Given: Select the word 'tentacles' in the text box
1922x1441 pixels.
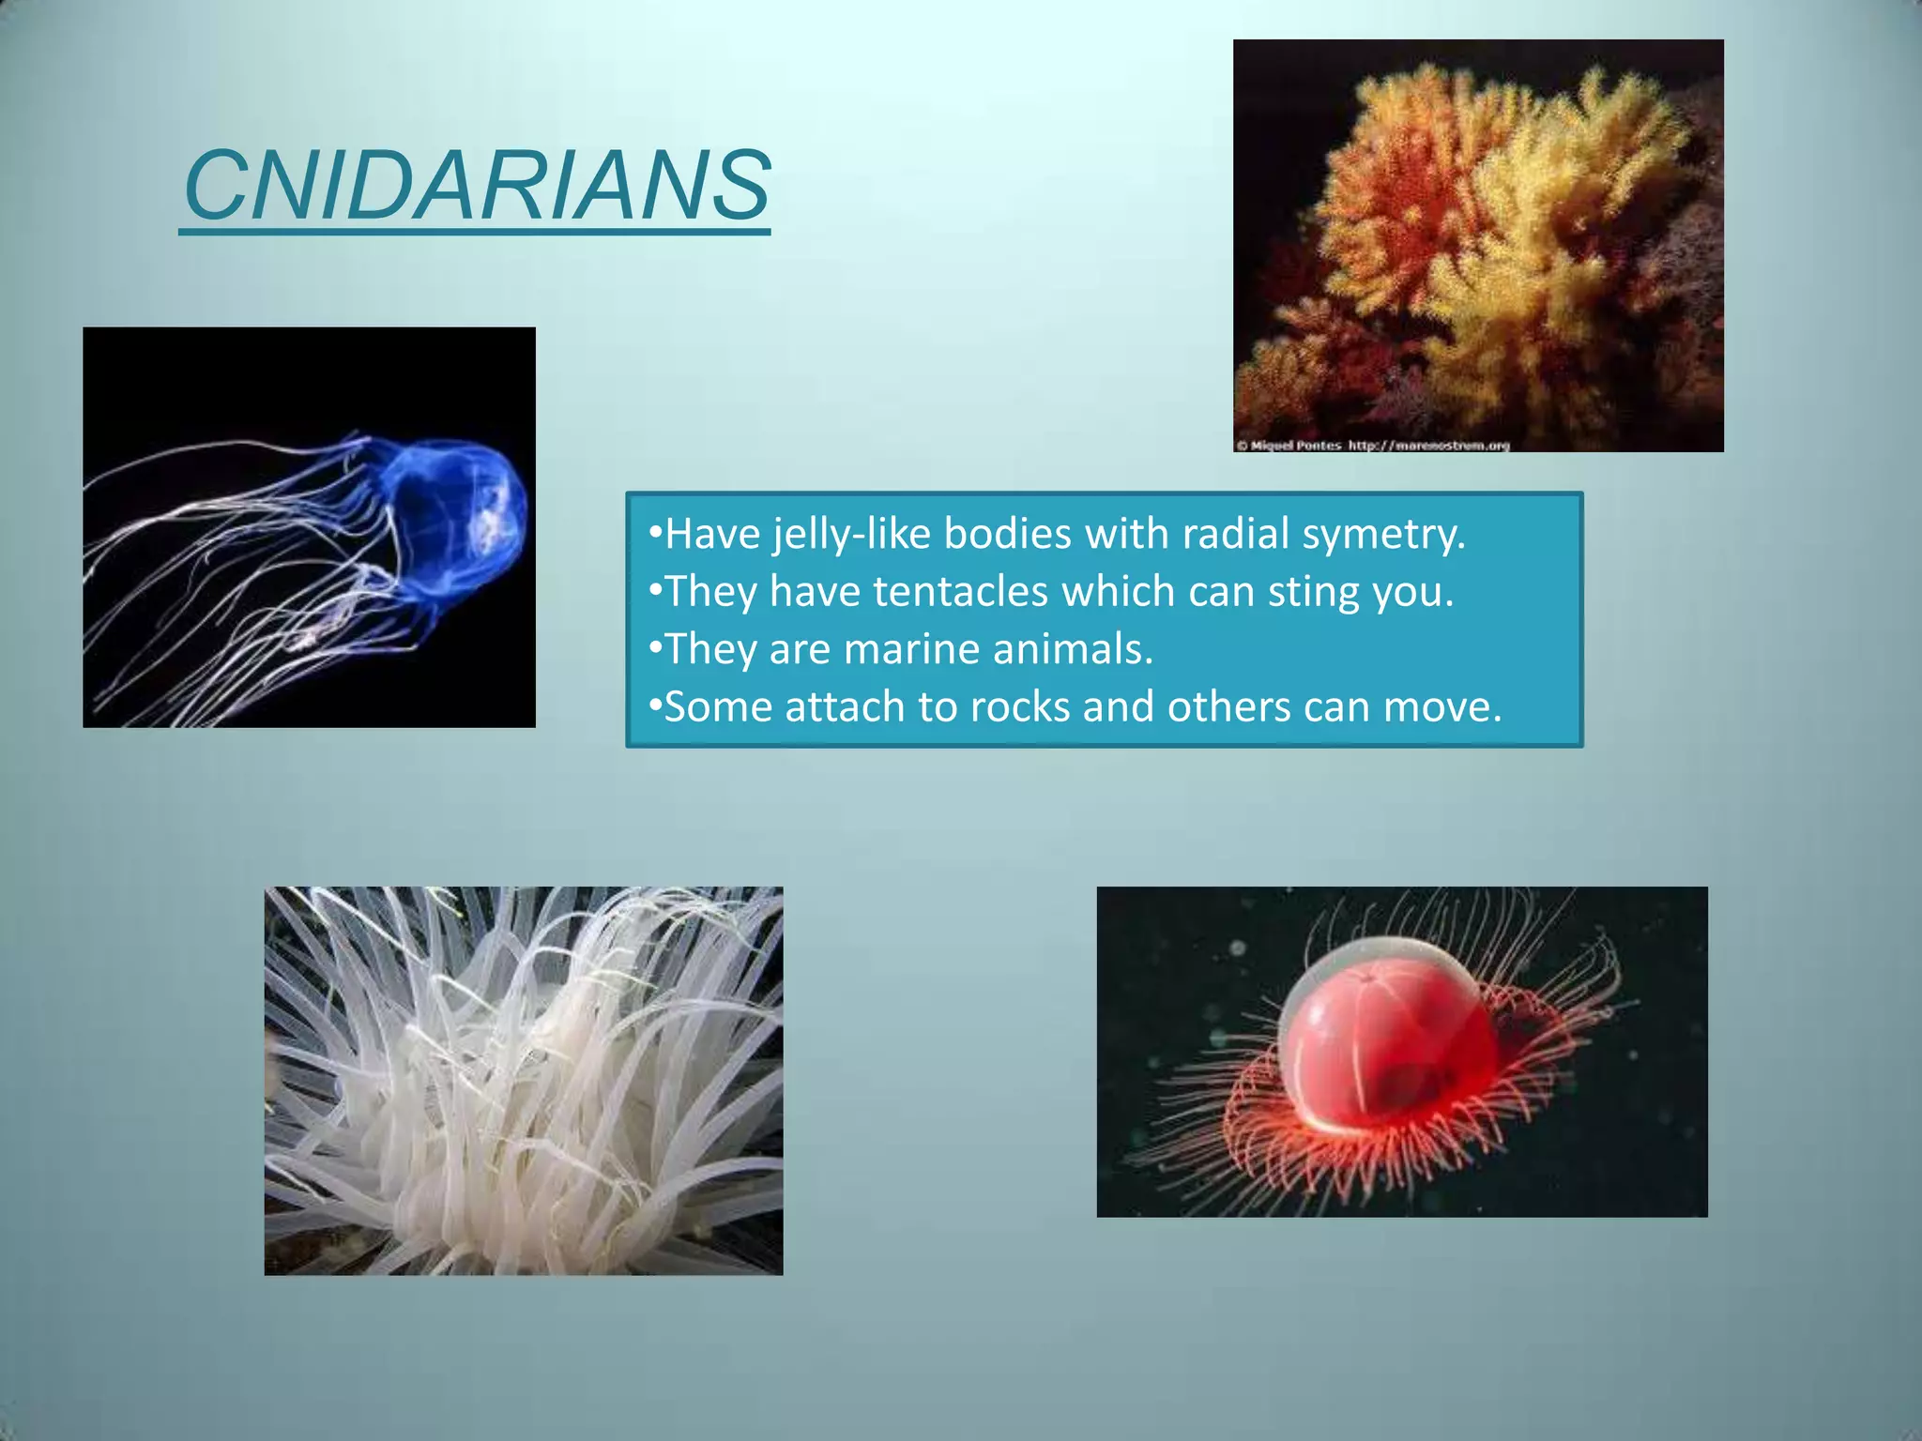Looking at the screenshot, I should pyautogui.click(x=960, y=592).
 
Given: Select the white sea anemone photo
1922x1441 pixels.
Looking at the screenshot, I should pyautogui.click(x=523, y=1080).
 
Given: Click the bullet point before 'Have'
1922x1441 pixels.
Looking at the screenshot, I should pyautogui.click(x=655, y=535).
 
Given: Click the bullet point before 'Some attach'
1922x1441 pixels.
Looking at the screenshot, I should pyautogui.click(x=655, y=706).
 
